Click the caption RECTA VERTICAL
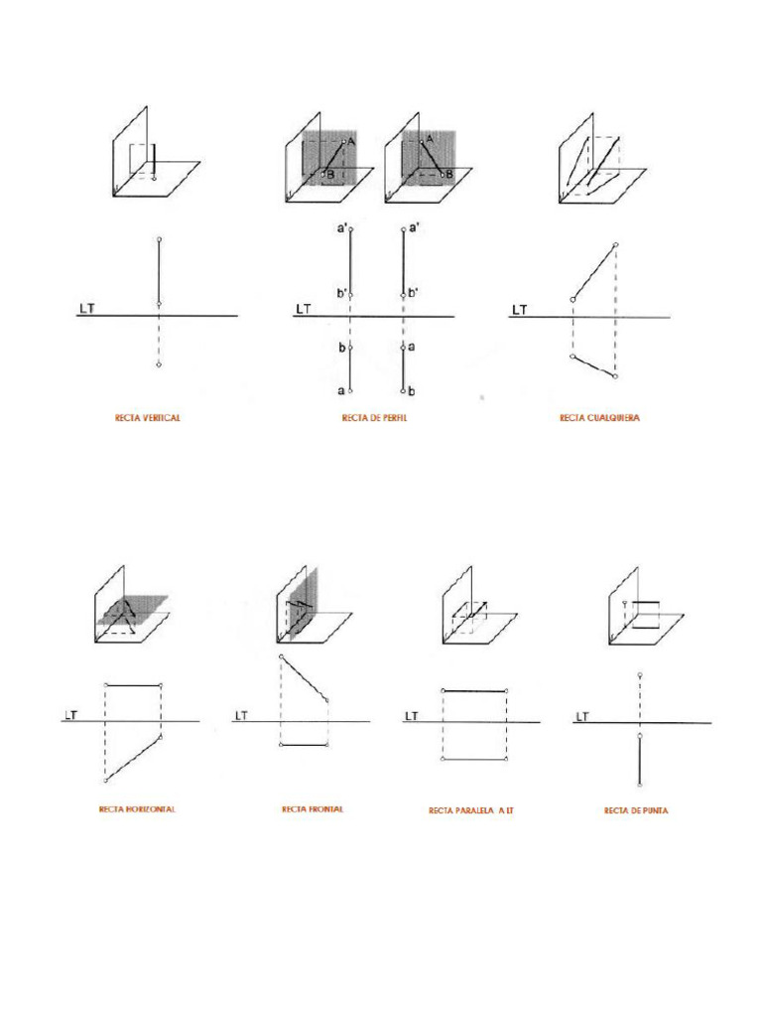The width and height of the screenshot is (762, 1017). (147, 418)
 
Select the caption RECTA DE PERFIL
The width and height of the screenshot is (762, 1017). (375, 418)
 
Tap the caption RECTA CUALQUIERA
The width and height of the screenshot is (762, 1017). (600, 418)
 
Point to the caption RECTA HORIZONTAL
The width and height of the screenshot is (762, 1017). (137, 809)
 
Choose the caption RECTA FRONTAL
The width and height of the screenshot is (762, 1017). (313, 809)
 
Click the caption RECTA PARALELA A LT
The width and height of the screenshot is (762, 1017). (471, 810)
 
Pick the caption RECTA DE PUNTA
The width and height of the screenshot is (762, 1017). (636, 810)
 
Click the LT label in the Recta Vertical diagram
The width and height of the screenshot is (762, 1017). (86, 310)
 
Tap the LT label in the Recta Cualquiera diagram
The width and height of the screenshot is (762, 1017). (519, 310)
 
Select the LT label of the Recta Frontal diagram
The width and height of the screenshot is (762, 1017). (241, 715)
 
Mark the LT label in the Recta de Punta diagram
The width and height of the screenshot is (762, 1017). (581, 715)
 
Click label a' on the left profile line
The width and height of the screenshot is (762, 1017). (342, 228)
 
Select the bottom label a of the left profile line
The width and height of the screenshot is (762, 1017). (341, 390)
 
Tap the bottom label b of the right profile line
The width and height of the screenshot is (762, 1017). (412, 390)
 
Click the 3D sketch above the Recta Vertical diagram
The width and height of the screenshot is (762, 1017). (155, 154)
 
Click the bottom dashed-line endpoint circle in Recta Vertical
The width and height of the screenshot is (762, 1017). (159, 365)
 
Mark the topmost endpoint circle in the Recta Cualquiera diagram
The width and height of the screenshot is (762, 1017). (616, 243)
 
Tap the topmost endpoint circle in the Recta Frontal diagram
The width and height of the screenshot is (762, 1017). (282, 657)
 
